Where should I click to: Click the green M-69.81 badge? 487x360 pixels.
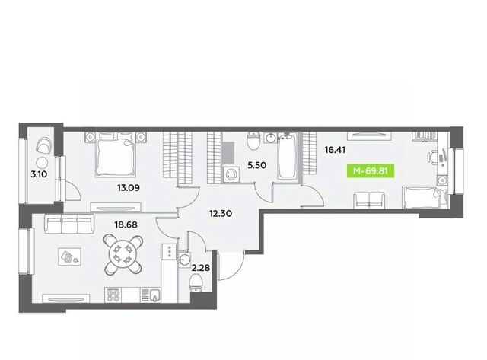click(371, 170)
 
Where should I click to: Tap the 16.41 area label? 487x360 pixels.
click(335, 150)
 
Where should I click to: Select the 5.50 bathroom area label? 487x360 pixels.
click(256, 165)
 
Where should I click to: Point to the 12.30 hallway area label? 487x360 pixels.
click(221, 213)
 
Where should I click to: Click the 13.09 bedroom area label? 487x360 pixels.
click(129, 187)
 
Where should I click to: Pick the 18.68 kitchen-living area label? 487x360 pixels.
click(126, 225)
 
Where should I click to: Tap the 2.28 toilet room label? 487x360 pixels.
click(201, 267)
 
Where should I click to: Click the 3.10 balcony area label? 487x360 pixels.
click(39, 174)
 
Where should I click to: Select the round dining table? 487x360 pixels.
click(123, 255)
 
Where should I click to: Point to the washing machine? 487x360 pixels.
click(231, 174)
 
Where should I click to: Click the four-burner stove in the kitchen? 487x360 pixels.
click(113, 295)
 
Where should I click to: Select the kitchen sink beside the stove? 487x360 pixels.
click(151, 295)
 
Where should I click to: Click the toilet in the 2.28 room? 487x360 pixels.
click(196, 282)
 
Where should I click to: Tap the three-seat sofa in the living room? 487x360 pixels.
click(69, 223)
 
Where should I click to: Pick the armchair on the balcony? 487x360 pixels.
click(44, 145)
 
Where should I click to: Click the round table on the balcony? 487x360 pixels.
click(41, 163)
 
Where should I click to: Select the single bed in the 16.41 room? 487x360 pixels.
click(424, 197)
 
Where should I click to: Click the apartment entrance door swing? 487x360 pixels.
click(231, 266)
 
